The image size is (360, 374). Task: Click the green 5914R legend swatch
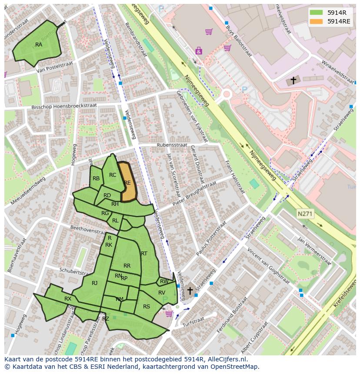(x=316, y=12)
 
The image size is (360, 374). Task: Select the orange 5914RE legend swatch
(x=316, y=21)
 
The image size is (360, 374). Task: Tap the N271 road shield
(x=305, y=214)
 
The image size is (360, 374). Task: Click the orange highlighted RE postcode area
(x=127, y=182)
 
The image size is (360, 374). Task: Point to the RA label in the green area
(x=39, y=45)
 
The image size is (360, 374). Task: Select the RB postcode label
(x=96, y=179)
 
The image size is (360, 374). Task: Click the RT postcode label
(x=144, y=254)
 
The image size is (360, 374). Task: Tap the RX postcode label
(x=68, y=299)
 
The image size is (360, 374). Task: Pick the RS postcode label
(x=147, y=306)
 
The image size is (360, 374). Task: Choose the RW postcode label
(x=164, y=281)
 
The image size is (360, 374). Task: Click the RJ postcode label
(x=95, y=283)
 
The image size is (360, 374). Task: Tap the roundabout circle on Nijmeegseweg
(x=226, y=94)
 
